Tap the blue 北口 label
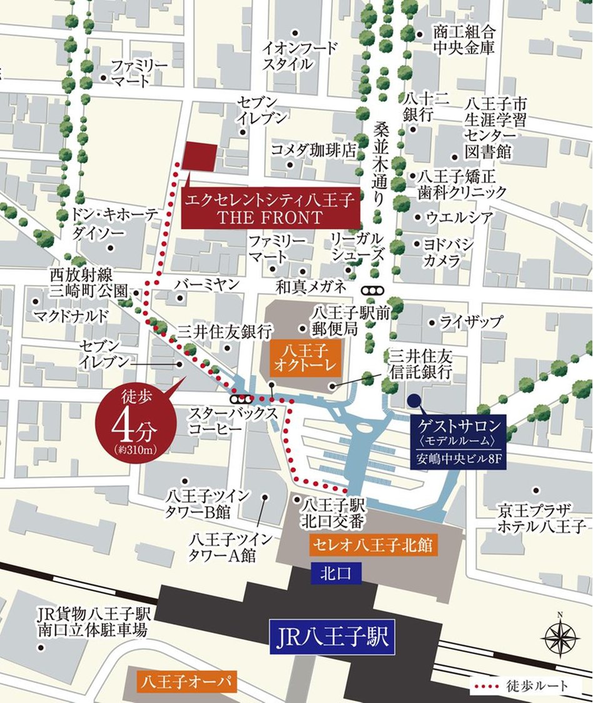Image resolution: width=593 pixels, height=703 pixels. point(335,572)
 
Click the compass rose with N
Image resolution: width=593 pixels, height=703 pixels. point(560,637)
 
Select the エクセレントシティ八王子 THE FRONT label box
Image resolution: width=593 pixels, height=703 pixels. point(270,209)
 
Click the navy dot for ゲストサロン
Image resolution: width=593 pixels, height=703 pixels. point(413,401)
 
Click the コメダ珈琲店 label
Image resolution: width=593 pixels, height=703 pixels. point(313,150)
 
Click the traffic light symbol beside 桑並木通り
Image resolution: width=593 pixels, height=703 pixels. point(374,291)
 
